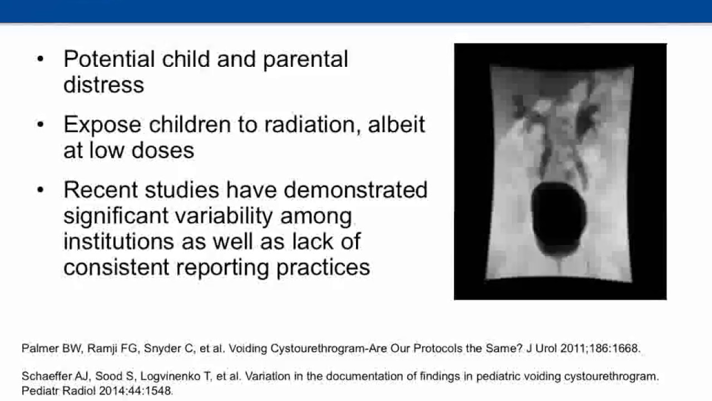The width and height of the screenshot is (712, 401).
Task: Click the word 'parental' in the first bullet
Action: (x=305, y=60)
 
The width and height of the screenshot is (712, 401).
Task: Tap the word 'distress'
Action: (x=103, y=85)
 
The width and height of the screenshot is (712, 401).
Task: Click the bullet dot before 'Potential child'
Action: (x=39, y=60)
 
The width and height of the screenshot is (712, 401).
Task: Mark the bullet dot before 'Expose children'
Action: (x=39, y=125)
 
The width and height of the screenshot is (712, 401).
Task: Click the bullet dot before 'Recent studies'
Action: (x=39, y=190)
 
